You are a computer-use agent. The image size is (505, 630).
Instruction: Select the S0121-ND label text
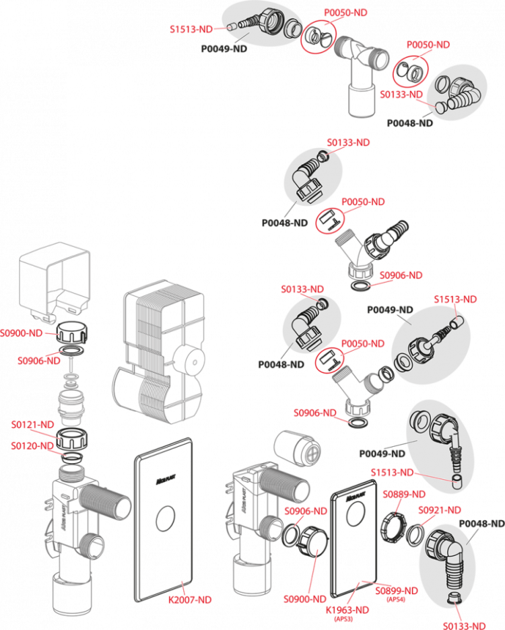tap(32, 425)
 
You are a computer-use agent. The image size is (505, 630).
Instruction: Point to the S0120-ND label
tap(32, 445)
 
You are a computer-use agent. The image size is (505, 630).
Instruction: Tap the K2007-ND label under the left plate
tap(191, 600)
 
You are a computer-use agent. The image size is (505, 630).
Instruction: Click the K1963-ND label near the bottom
tap(347, 610)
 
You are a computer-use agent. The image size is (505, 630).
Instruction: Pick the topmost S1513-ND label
tap(191, 29)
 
